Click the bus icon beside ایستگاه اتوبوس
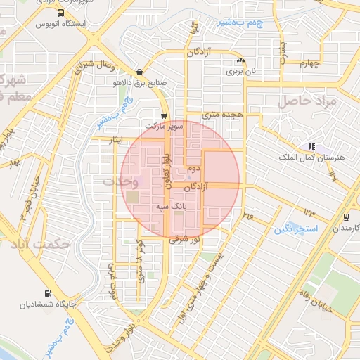[x=60, y=13]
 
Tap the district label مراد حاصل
[x=308, y=102]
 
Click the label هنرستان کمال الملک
[x=317, y=158]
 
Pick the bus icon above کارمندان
[x=346, y=217]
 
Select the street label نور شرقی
[x=184, y=239]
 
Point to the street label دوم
[x=193, y=169]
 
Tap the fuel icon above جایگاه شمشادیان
[x=47, y=293]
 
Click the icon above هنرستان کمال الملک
[x=311, y=146]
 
